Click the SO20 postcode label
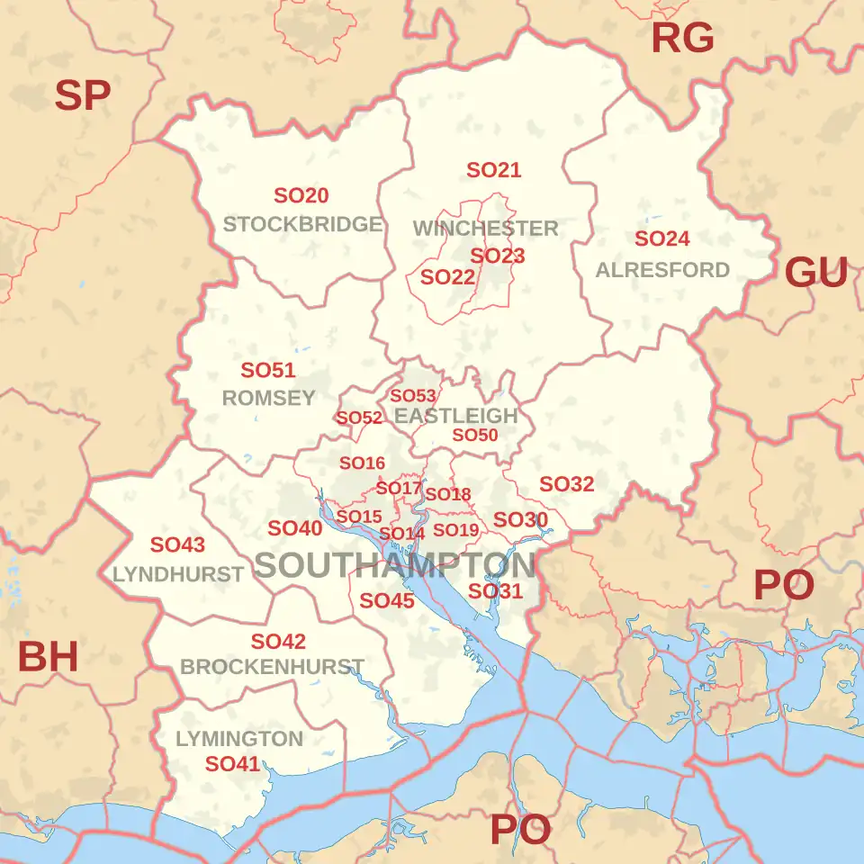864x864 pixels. tap(301, 195)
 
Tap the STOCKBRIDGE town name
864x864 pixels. tap(302, 224)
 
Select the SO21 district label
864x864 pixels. tap(494, 170)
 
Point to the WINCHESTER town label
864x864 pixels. tap(486, 229)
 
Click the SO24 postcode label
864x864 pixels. tap(662, 239)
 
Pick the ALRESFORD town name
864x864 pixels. tap(662, 270)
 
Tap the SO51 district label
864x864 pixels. tap(268, 371)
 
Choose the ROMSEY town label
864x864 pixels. tap(268, 398)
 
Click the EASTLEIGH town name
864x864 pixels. tap(456, 416)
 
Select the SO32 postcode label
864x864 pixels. tap(567, 484)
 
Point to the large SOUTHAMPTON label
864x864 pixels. tap(395, 566)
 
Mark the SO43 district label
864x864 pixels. tap(177, 544)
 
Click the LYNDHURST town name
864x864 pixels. tap(178, 574)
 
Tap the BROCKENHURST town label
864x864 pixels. tap(272, 668)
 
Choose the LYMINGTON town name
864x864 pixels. tap(239, 739)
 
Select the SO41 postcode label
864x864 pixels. tap(232, 764)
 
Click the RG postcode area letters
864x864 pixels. tap(682, 38)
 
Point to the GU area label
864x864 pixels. tap(816, 272)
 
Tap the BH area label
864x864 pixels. tap(49, 658)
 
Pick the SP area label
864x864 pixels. tap(83, 95)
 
